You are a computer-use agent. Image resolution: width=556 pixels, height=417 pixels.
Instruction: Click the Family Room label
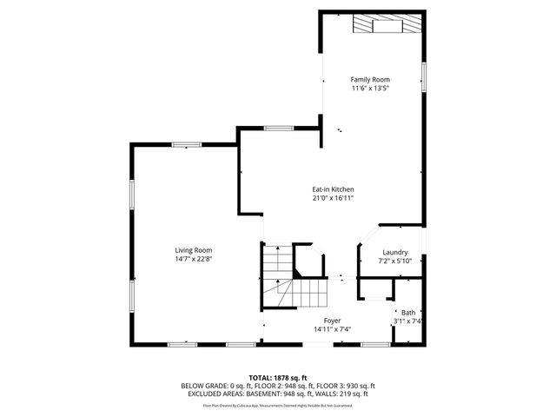tap(370, 80)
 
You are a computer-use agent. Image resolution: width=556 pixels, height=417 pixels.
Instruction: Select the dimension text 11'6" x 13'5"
tap(370, 89)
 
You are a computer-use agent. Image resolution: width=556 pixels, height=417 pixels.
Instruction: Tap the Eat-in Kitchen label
tap(333, 189)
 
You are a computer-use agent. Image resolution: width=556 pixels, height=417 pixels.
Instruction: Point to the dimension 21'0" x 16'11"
tap(333, 198)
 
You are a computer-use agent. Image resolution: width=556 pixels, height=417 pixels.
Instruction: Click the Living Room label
tap(193, 250)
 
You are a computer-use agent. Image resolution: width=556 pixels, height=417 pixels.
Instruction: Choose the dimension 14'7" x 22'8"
tap(193, 259)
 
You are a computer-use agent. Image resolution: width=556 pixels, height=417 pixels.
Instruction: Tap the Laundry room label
tap(395, 252)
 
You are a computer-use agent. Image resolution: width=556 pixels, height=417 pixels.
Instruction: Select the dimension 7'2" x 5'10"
tap(395, 261)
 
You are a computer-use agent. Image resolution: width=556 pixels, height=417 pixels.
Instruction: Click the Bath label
tap(407, 313)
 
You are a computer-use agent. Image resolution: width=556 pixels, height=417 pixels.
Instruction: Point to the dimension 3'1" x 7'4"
tap(407, 321)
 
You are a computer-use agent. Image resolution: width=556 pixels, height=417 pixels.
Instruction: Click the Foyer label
tap(332, 321)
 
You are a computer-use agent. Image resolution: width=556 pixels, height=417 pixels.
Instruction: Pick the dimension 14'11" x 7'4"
tap(332, 329)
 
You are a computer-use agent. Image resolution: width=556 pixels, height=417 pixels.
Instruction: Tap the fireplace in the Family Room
tap(389, 25)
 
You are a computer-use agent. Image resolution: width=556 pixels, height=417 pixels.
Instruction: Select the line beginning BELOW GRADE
tap(277, 386)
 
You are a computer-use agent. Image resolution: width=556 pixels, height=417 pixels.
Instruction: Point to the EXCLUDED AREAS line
tap(277, 394)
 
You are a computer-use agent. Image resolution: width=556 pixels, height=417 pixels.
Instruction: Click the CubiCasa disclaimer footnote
tap(277, 404)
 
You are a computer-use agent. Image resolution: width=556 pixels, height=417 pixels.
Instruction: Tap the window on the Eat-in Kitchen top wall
tap(277, 129)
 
